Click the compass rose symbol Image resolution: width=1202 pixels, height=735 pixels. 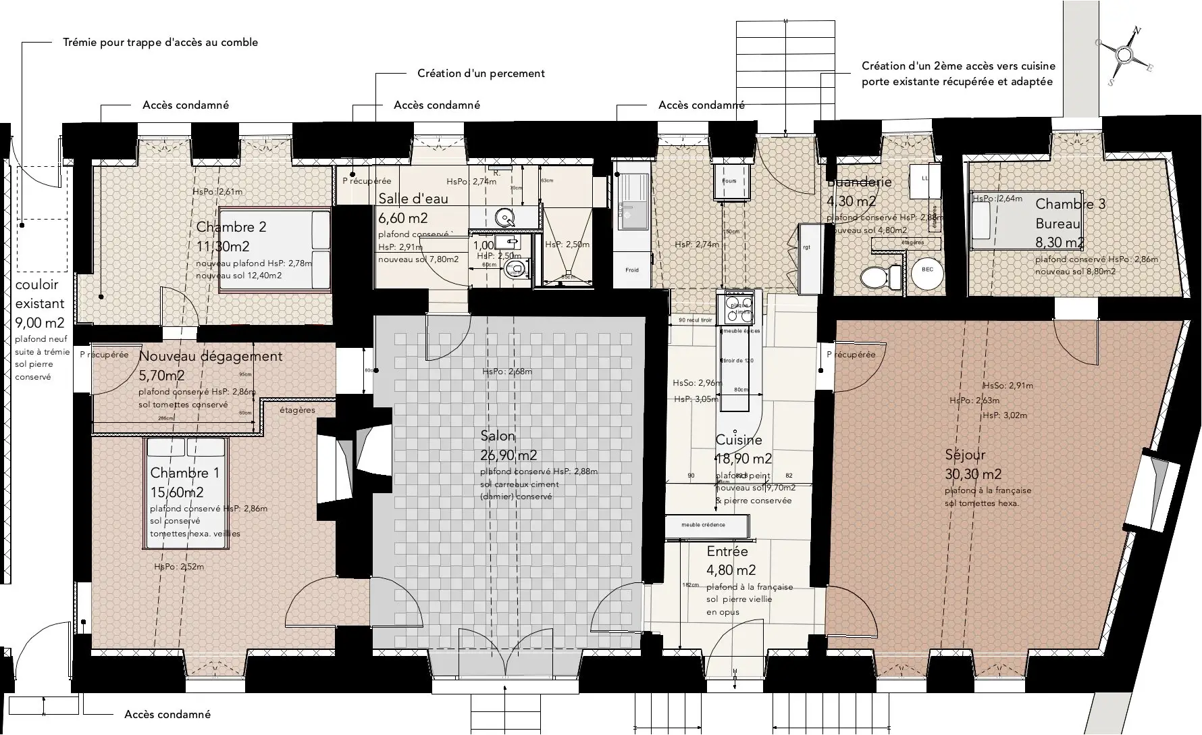click(x=1124, y=55)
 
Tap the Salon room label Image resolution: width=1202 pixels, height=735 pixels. click(x=498, y=436)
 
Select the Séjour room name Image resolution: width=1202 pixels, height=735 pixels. click(x=966, y=455)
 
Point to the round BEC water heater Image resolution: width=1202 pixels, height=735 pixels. click(x=927, y=270)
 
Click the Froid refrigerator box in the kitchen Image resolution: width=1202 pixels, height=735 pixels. click(x=632, y=270)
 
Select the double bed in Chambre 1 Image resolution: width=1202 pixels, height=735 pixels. click(x=186, y=492)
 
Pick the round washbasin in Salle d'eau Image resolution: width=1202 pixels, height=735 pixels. click(x=505, y=218)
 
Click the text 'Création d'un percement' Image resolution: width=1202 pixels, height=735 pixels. click(x=481, y=73)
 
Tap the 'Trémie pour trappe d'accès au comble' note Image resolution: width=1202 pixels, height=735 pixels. click(x=160, y=42)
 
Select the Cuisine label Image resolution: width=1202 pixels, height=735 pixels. click(x=739, y=440)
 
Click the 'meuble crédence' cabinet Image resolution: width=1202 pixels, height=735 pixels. click(x=706, y=525)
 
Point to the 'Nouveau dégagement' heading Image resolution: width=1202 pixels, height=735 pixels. click(x=210, y=356)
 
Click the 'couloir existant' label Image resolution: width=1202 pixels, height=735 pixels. click(x=39, y=295)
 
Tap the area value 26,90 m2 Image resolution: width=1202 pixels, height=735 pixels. click(x=508, y=455)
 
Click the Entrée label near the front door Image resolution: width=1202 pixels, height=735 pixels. click(x=727, y=551)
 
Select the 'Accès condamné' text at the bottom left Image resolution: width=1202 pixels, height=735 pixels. click(x=167, y=714)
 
